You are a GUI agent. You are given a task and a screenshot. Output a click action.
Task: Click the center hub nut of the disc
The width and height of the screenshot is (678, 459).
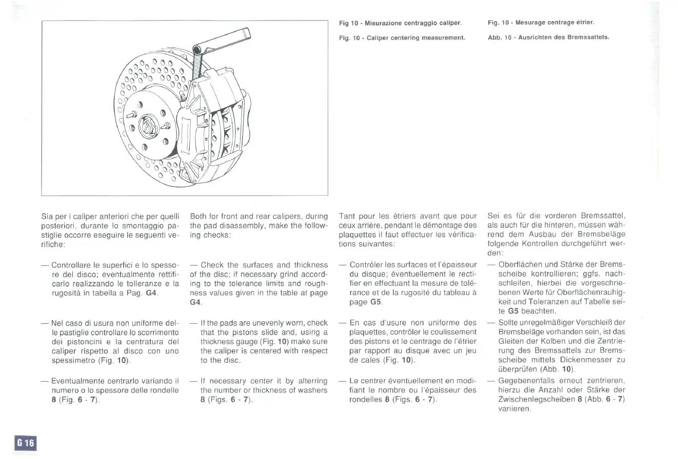[148, 124]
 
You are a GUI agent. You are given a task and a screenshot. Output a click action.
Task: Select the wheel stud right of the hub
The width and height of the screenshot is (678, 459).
[165, 125]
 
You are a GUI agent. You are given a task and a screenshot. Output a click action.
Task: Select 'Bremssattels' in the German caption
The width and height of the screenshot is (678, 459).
[589, 37]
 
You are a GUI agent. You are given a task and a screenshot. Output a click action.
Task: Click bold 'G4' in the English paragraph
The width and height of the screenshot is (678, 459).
[195, 302]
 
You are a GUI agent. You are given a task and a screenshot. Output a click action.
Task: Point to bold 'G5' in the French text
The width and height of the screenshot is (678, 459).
[376, 302]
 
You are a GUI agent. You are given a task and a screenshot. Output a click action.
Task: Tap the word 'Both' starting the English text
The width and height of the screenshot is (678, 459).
[199, 217]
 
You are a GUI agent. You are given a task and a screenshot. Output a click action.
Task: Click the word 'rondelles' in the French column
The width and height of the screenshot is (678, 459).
[361, 400]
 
